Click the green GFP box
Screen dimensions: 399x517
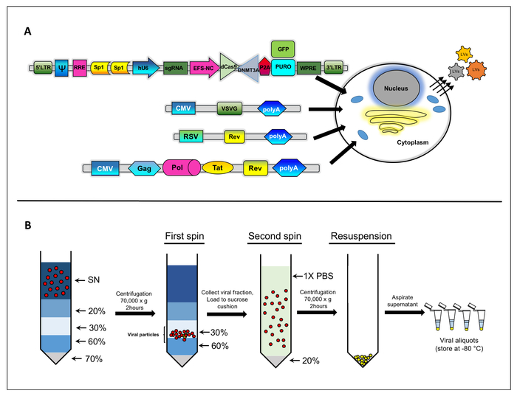(x=282, y=49)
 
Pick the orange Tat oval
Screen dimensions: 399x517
(x=217, y=168)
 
